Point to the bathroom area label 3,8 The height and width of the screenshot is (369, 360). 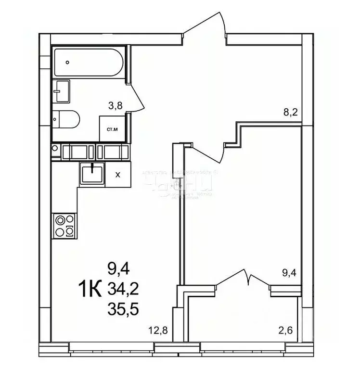[x=115, y=106]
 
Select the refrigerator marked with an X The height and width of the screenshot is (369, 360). [x=117, y=174]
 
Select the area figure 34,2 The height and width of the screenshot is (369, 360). [x=123, y=289]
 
